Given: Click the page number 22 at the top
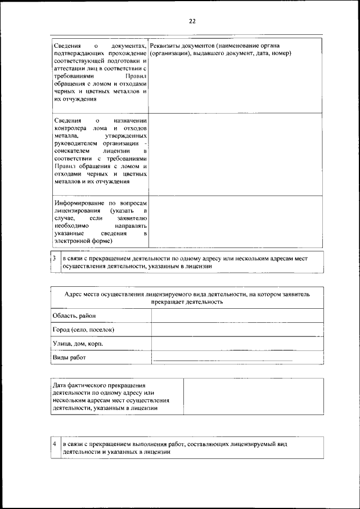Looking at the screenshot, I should point(192,21).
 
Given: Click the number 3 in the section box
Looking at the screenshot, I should point(54,259).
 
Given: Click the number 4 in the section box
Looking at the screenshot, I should point(54,444).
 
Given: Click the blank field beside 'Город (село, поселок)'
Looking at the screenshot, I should point(237,329).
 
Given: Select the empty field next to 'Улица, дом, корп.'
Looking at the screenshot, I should point(237,343).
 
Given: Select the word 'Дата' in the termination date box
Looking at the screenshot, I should point(60,385).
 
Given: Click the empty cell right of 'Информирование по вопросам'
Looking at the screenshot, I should point(236,221).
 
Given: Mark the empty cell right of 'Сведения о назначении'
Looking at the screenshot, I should point(236,152).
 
